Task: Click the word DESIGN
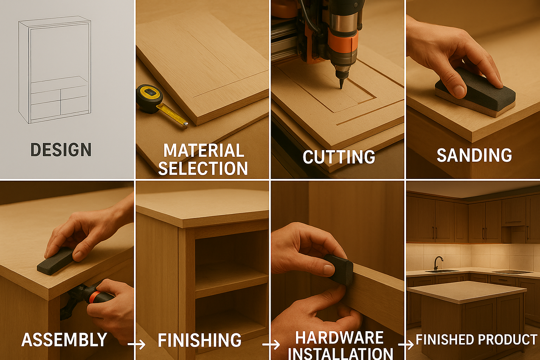[x=61, y=149]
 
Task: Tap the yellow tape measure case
[x=149, y=98]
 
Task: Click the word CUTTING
[x=339, y=157]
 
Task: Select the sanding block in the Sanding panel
[x=475, y=92]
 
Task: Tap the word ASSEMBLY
[x=64, y=340]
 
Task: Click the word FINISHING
[x=200, y=340]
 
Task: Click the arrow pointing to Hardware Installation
[x=271, y=345]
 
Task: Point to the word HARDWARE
[x=339, y=337]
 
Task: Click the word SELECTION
[x=203, y=168]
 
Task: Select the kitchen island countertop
[x=467, y=292]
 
